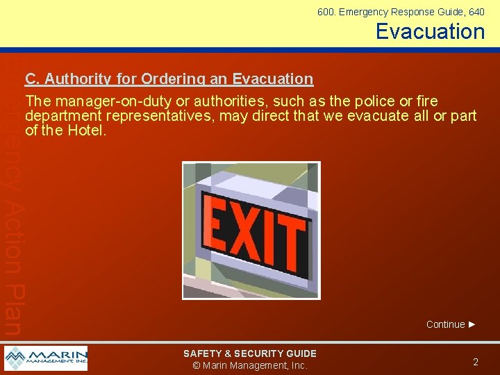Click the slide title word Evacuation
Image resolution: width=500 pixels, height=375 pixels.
[430, 31]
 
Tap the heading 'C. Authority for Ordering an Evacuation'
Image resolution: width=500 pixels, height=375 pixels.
[169, 79]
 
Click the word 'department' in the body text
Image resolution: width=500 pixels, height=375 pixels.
[58, 115]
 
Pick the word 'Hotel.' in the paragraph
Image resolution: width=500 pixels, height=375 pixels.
[85, 130]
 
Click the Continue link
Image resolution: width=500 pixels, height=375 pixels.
[445, 324]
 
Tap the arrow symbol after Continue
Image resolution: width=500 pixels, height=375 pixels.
[472, 324]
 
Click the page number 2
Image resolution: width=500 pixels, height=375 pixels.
[476, 362]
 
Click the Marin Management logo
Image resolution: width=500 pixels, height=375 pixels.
[46, 358]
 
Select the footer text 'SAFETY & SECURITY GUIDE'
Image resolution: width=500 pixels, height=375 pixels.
[249, 353]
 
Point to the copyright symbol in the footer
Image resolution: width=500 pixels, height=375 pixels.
[197, 366]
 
